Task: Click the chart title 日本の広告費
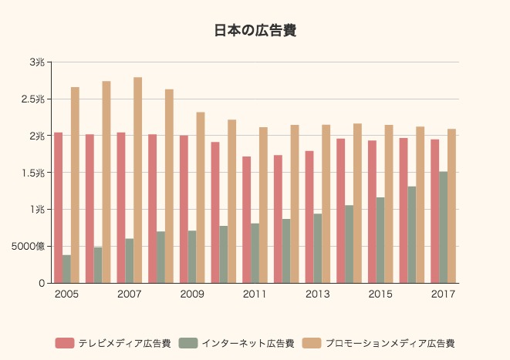point(255,31)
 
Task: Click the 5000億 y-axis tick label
point(29,247)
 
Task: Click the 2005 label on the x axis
point(66,294)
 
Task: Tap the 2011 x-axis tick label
point(255,294)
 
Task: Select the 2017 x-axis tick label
point(443,294)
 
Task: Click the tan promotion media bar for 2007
point(138,180)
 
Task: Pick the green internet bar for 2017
point(443,227)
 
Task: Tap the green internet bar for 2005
point(66,269)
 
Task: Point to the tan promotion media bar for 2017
point(451,206)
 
